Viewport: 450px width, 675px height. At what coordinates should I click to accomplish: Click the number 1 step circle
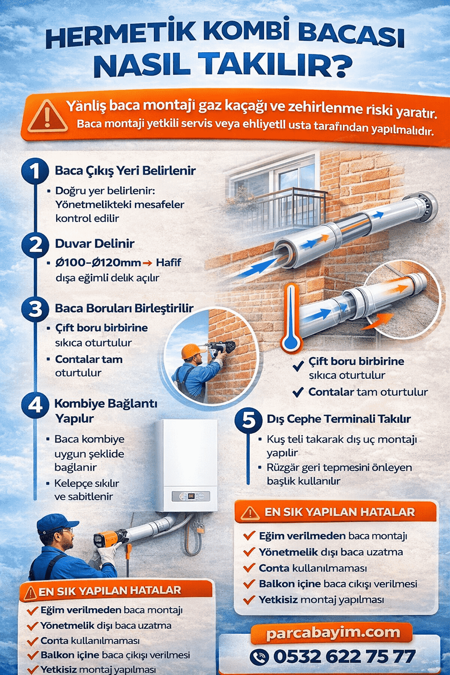[35, 171]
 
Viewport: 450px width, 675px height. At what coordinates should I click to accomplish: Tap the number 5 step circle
[248, 420]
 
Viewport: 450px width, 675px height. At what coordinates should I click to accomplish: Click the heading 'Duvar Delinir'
[94, 243]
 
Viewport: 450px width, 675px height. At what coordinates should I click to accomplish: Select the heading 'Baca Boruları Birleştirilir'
[124, 308]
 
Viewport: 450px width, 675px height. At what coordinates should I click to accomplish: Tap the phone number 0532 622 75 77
[345, 657]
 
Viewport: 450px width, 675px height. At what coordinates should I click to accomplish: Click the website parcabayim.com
[333, 633]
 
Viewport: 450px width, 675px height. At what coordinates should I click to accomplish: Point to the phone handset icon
[259, 657]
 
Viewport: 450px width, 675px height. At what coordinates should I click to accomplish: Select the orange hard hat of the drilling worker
[190, 351]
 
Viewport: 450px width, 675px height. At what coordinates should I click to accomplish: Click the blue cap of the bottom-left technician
[56, 524]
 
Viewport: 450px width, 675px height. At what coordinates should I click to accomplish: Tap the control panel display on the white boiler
[191, 495]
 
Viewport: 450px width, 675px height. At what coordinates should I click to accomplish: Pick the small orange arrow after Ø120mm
[147, 263]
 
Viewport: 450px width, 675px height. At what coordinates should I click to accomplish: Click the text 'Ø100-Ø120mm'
[98, 263]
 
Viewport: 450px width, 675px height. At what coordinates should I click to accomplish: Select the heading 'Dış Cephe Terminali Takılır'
[339, 419]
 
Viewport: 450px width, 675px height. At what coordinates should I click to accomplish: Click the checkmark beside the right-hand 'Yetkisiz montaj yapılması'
[249, 599]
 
